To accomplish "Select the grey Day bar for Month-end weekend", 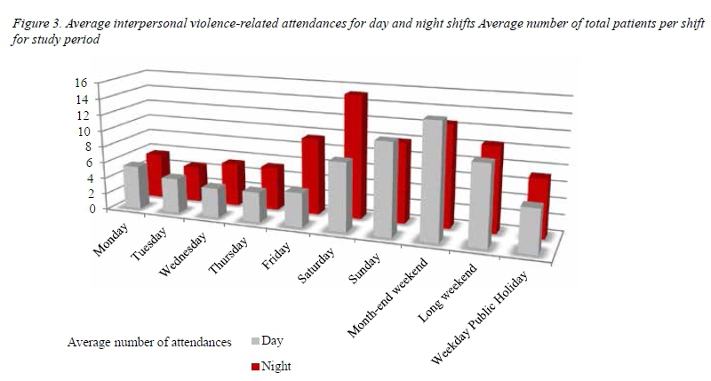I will pyautogui.click(x=433, y=182).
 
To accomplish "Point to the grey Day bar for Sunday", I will pyautogui.click(x=383, y=188).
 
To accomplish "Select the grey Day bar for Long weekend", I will pyautogui.click(x=480, y=204).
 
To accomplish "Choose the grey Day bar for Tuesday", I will pyautogui.click(x=173, y=195).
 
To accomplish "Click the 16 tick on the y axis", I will pyautogui.click(x=80, y=83).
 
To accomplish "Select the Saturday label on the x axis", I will pyautogui.click(x=316, y=266).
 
